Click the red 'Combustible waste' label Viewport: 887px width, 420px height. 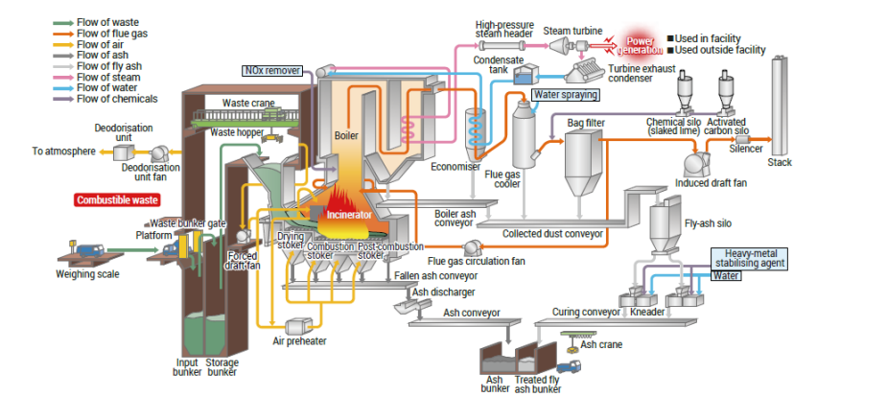tap(117, 200)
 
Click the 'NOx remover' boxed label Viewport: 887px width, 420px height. tap(271, 70)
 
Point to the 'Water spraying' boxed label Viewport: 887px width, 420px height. tap(565, 95)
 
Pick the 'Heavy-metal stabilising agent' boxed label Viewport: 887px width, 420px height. tap(749, 257)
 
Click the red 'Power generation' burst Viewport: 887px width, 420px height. tap(638, 44)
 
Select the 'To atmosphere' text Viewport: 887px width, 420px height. tap(63, 151)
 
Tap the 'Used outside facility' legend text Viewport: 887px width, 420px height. tap(720, 50)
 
